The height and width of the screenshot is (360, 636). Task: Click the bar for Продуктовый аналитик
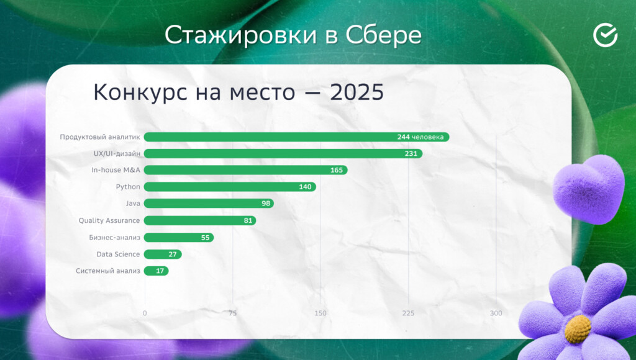pos(296,137)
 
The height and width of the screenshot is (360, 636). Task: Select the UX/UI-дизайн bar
pos(283,154)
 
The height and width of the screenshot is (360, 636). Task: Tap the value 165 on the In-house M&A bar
pos(336,170)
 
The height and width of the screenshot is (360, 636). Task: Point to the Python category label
pos(128,187)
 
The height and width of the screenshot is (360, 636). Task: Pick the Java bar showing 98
pos(209,203)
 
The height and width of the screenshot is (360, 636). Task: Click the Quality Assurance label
pos(109,220)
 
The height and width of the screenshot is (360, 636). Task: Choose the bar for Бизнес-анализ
pos(179,238)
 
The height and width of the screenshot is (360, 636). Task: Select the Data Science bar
pos(163,254)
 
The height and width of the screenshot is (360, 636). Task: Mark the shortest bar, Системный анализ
pos(156,271)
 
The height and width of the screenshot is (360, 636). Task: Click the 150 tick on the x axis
pos(320,313)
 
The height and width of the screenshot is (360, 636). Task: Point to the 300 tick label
pos(496,313)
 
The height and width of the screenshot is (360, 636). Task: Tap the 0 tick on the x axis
pos(145,313)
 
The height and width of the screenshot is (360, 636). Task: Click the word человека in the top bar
pos(427,137)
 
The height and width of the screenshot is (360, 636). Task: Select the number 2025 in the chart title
pos(357,92)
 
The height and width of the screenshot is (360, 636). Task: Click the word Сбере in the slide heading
pos(383,35)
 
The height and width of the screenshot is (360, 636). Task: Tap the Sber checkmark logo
pos(605,35)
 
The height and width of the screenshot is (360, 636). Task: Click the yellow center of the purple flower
pos(578,329)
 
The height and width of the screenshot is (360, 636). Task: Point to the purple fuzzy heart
pos(589,189)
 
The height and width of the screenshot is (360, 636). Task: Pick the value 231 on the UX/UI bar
pos(411,154)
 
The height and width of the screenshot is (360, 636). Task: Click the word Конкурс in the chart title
pos(140,92)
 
